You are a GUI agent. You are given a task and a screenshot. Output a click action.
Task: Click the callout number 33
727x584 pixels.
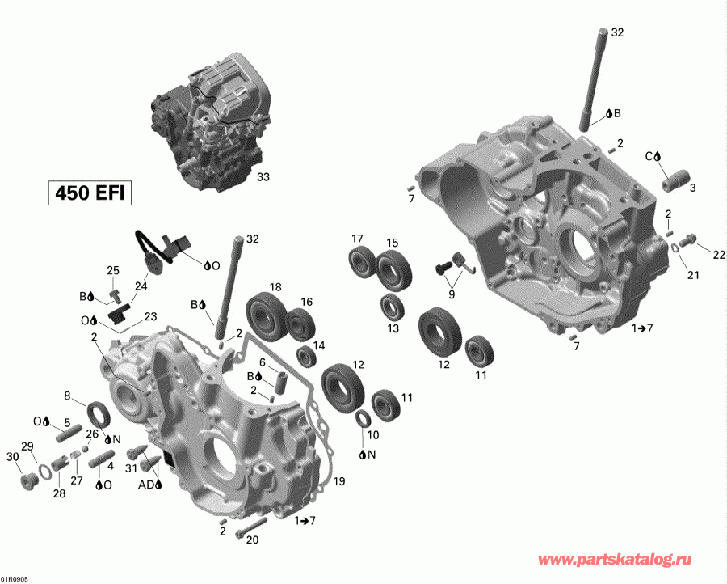coord(263,176)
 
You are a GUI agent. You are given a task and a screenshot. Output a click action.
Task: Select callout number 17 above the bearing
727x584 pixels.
coord(357,239)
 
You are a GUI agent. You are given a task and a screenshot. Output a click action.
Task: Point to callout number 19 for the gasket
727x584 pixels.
coord(338,482)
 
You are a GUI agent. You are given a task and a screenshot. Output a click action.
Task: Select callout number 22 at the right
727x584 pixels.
coord(718,255)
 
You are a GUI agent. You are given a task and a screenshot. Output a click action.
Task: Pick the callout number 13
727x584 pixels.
coord(393,328)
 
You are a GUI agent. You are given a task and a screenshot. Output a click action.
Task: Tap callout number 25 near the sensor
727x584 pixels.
coord(113,270)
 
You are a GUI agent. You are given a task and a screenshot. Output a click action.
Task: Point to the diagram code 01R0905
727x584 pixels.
coord(14,579)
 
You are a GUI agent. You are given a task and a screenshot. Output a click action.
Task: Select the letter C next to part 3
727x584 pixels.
coord(648,155)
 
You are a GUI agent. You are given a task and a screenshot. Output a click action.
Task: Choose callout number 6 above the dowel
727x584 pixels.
coord(263,362)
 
